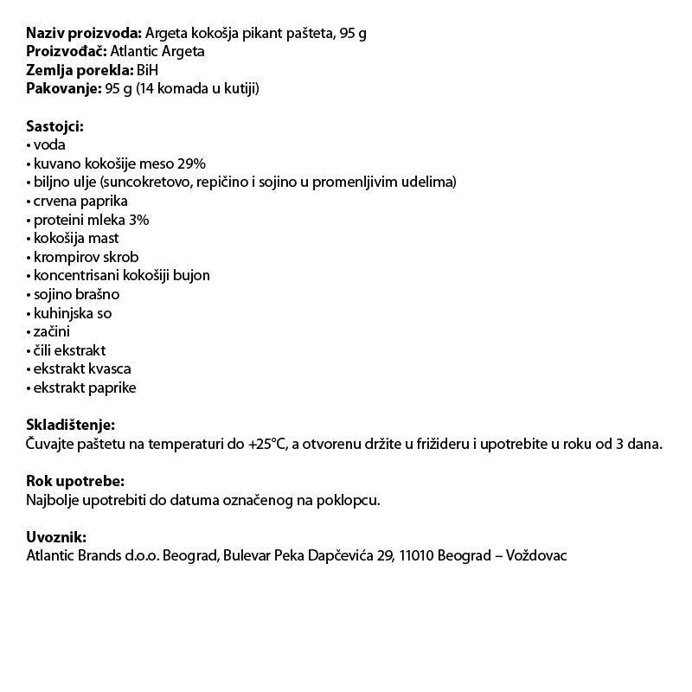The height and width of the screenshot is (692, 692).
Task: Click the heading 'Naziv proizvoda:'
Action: click(84, 33)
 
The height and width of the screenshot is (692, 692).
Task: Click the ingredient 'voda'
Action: click(48, 145)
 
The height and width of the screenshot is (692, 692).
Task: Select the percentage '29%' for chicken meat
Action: click(190, 163)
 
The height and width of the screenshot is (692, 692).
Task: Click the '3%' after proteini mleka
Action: click(138, 220)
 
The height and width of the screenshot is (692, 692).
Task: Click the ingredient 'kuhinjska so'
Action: click(72, 313)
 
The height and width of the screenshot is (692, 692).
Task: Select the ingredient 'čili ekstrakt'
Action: click(69, 350)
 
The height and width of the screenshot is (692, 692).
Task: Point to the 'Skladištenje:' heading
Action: click(70, 425)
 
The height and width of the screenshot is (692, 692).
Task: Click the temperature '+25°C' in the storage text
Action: click(266, 444)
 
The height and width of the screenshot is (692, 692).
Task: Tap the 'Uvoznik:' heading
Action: click(56, 537)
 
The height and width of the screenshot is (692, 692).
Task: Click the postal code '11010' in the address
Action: click(418, 555)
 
